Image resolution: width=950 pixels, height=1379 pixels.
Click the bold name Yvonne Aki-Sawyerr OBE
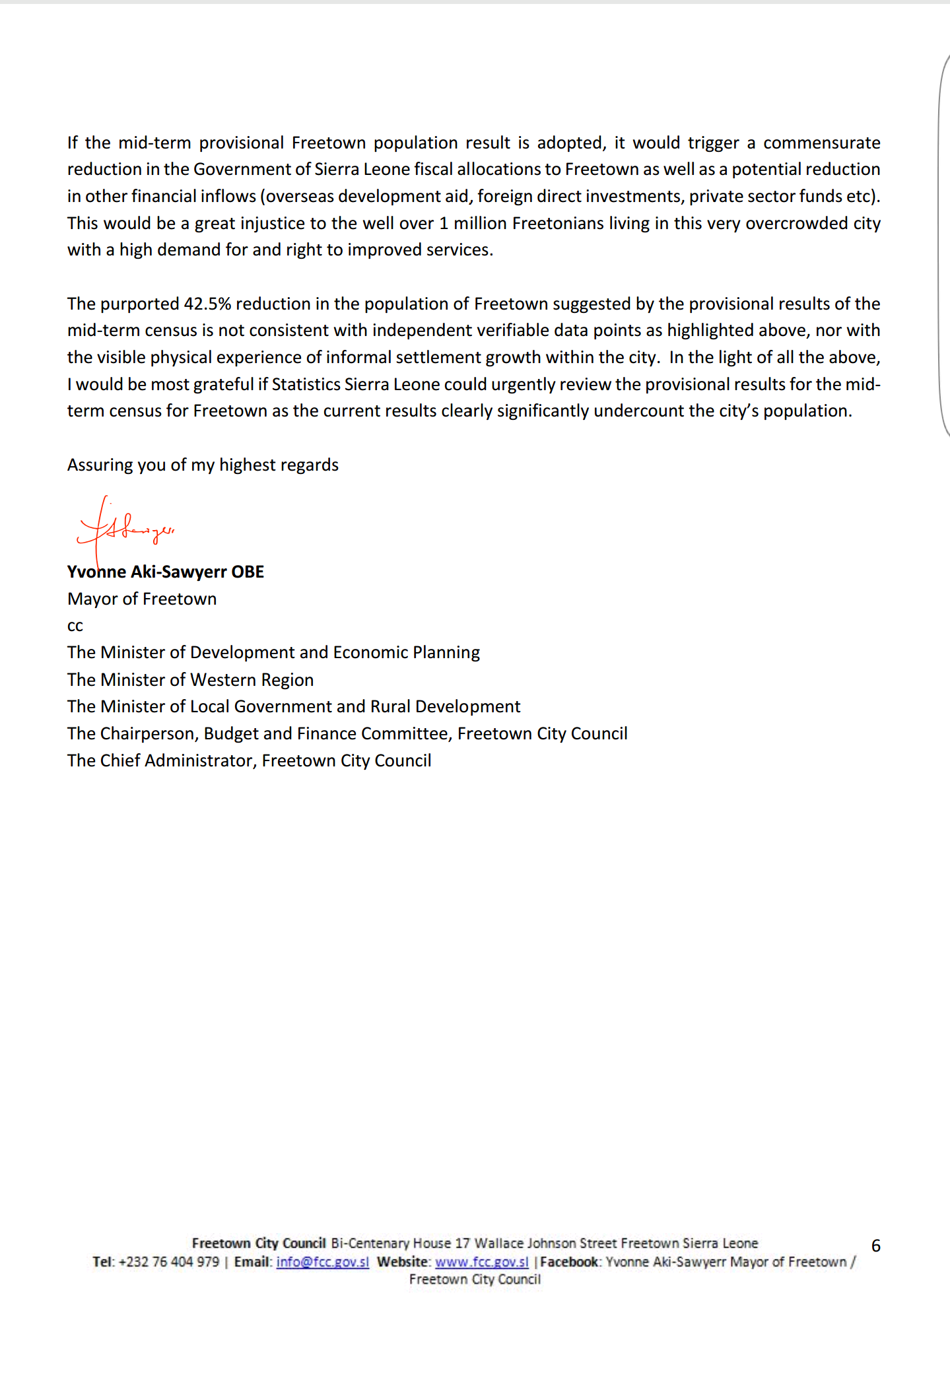click(166, 572)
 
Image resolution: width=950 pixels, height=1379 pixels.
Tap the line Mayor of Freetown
click(142, 599)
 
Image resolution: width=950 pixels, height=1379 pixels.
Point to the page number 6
click(876, 1246)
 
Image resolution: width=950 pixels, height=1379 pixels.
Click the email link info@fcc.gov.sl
click(322, 1261)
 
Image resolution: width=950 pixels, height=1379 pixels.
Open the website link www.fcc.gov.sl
click(481, 1261)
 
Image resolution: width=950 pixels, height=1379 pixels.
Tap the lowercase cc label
click(75, 626)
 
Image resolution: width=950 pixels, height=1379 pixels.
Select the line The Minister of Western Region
click(190, 680)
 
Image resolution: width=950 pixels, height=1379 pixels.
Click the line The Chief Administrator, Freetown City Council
click(249, 760)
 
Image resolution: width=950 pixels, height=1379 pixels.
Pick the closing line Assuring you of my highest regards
click(203, 465)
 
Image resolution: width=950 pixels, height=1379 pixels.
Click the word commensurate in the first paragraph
click(821, 143)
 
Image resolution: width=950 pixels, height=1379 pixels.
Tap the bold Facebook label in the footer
click(570, 1261)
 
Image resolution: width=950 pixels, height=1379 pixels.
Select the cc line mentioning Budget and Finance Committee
click(347, 733)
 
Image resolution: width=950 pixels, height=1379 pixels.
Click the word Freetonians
click(558, 223)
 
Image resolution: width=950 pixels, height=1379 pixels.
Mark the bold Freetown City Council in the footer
click(259, 1243)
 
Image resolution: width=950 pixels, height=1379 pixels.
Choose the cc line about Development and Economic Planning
click(273, 652)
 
